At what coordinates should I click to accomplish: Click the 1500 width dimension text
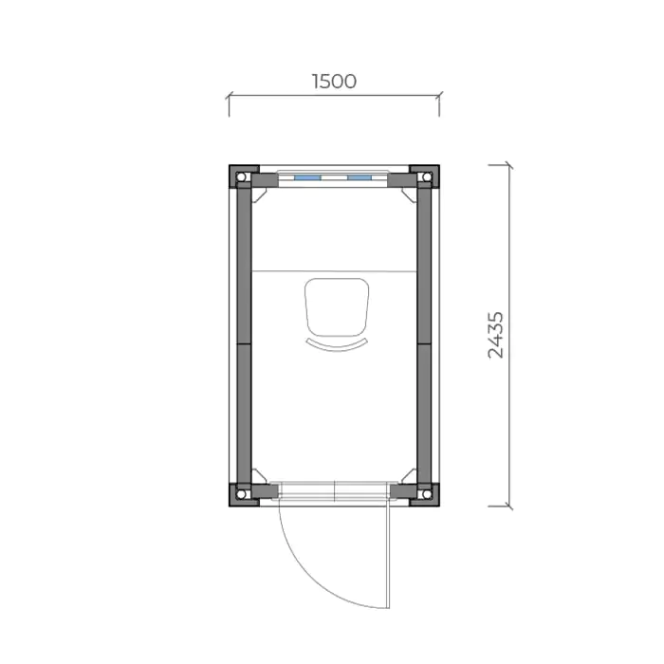pyautogui.click(x=334, y=82)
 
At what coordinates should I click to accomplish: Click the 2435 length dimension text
pyautogui.click(x=496, y=335)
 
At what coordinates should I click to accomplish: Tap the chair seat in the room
pyautogui.click(x=337, y=307)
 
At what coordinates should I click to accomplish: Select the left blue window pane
pyautogui.click(x=307, y=178)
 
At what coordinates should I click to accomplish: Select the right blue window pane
pyautogui.click(x=360, y=178)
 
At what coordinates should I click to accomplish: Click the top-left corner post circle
pyautogui.click(x=241, y=176)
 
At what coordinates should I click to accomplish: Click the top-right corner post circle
pyautogui.click(x=427, y=176)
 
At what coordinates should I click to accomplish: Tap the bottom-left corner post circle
pyautogui.click(x=241, y=494)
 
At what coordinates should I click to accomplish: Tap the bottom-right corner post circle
pyautogui.click(x=427, y=494)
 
